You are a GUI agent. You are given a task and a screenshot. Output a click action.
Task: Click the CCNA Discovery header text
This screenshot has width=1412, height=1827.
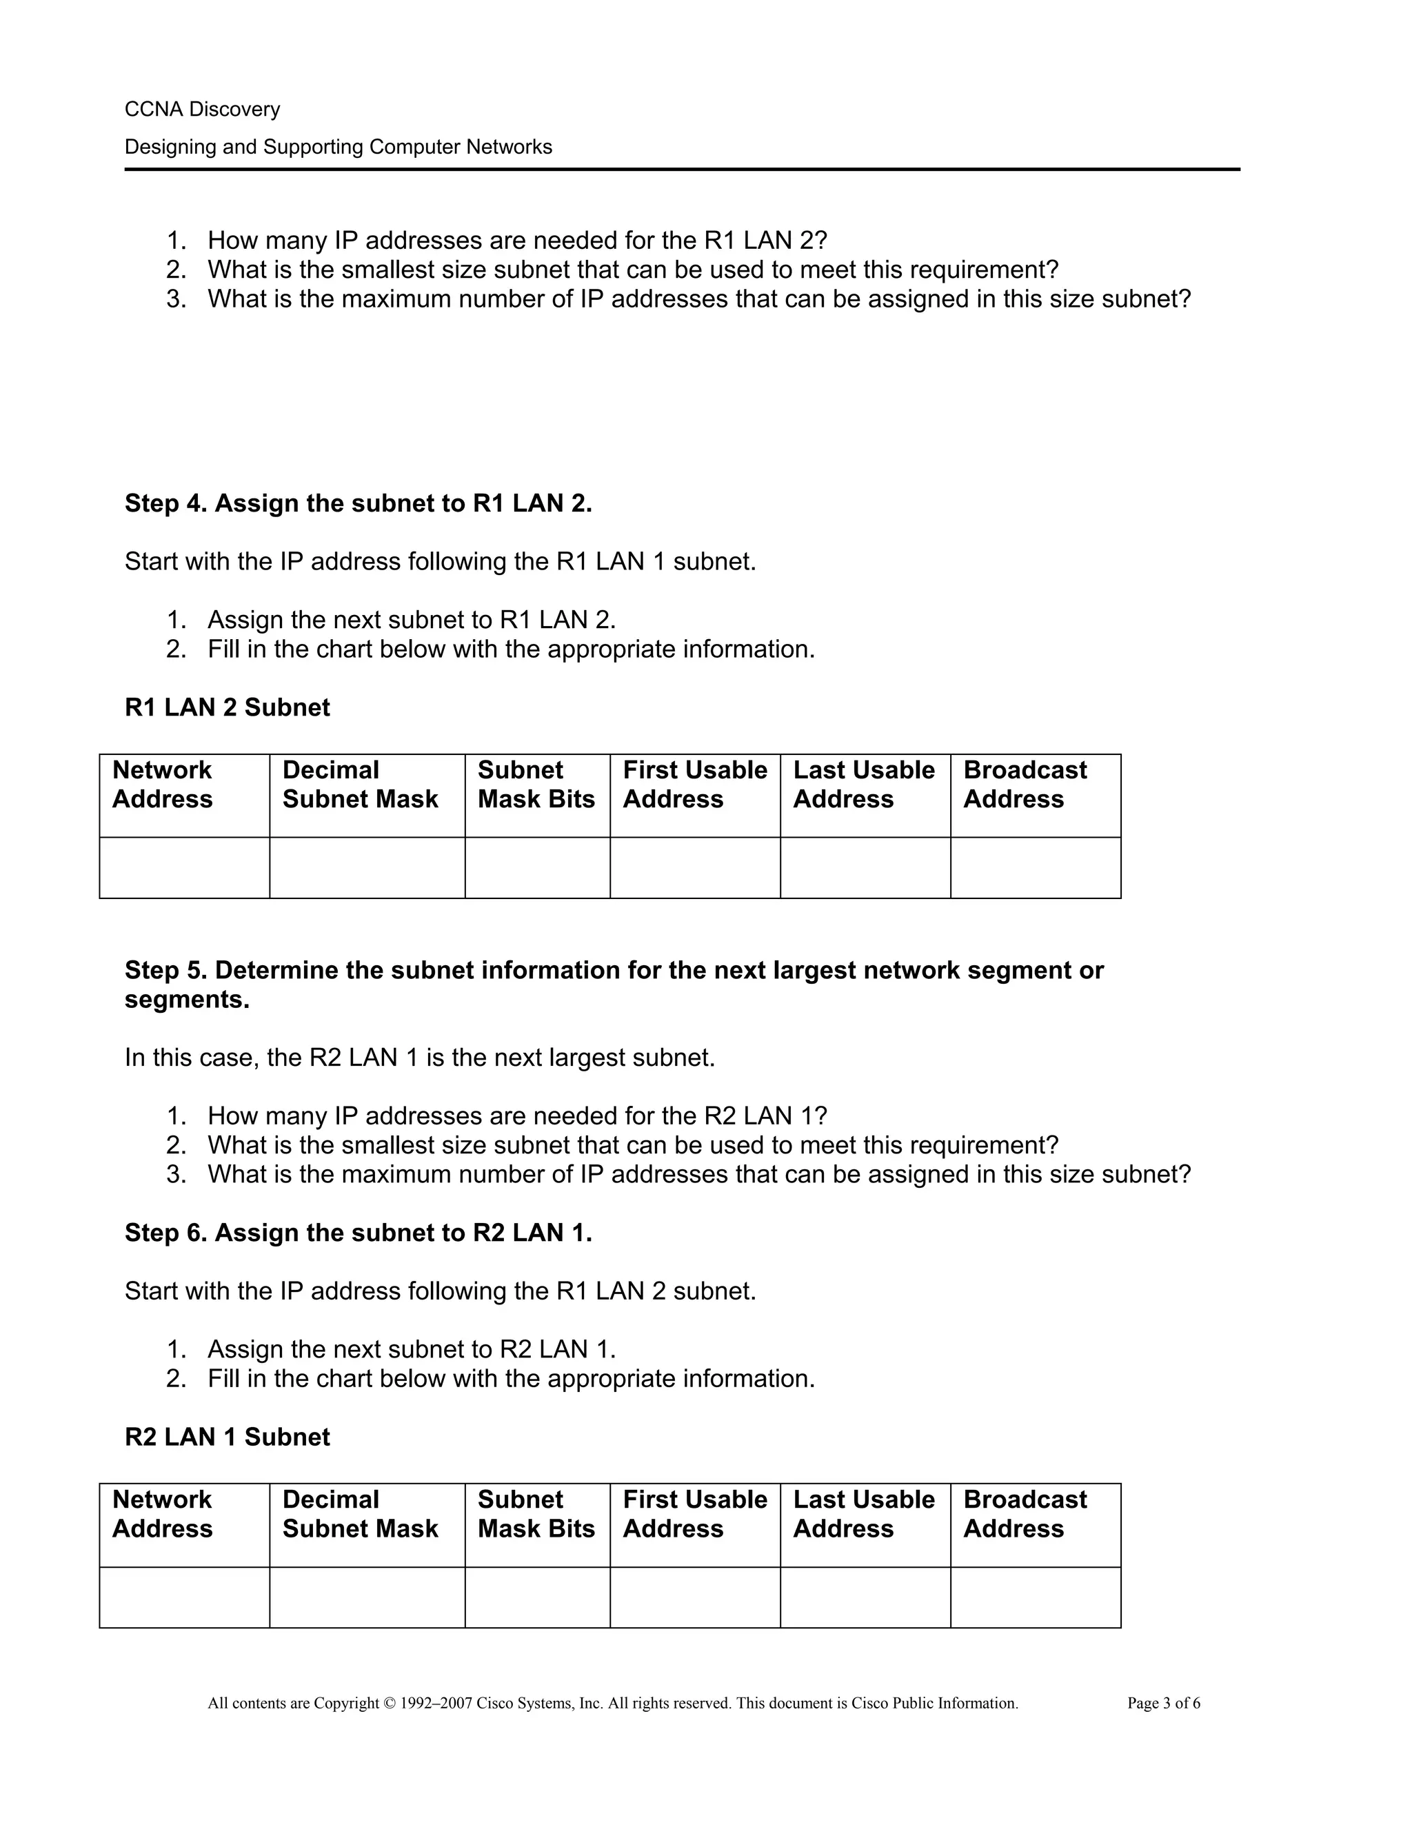pos(203,110)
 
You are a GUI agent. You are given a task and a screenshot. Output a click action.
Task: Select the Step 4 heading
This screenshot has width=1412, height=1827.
pos(358,503)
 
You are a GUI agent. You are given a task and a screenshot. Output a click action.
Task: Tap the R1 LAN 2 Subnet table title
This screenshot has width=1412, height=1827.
pos(227,708)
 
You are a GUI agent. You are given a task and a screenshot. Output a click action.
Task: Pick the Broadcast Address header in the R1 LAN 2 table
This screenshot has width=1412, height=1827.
pos(1025,785)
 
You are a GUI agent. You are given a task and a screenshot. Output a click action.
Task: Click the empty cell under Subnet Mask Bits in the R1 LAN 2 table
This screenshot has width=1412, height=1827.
pos(537,868)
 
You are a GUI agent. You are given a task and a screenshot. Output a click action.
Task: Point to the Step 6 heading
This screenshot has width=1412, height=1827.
pos(358,1233)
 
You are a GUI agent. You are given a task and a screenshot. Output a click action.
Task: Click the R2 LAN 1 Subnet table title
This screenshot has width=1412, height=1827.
pos(227,1437)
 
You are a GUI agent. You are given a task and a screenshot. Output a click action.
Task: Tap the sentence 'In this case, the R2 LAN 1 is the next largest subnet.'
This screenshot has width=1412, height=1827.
pos(420,1058)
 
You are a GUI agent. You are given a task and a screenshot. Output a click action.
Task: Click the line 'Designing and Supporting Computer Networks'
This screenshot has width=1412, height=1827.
pos(338,148)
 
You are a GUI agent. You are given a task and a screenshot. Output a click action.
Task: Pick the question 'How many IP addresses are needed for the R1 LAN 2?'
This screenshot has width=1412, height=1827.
pos(517,241)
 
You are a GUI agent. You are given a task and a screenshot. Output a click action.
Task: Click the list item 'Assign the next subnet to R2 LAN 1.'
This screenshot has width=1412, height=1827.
pos(412,1349)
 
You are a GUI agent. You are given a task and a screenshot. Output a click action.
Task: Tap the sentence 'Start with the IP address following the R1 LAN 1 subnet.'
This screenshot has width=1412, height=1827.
pos(440,561)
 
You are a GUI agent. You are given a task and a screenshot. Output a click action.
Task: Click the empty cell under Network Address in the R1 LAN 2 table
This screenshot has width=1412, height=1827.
pos(184,868)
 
